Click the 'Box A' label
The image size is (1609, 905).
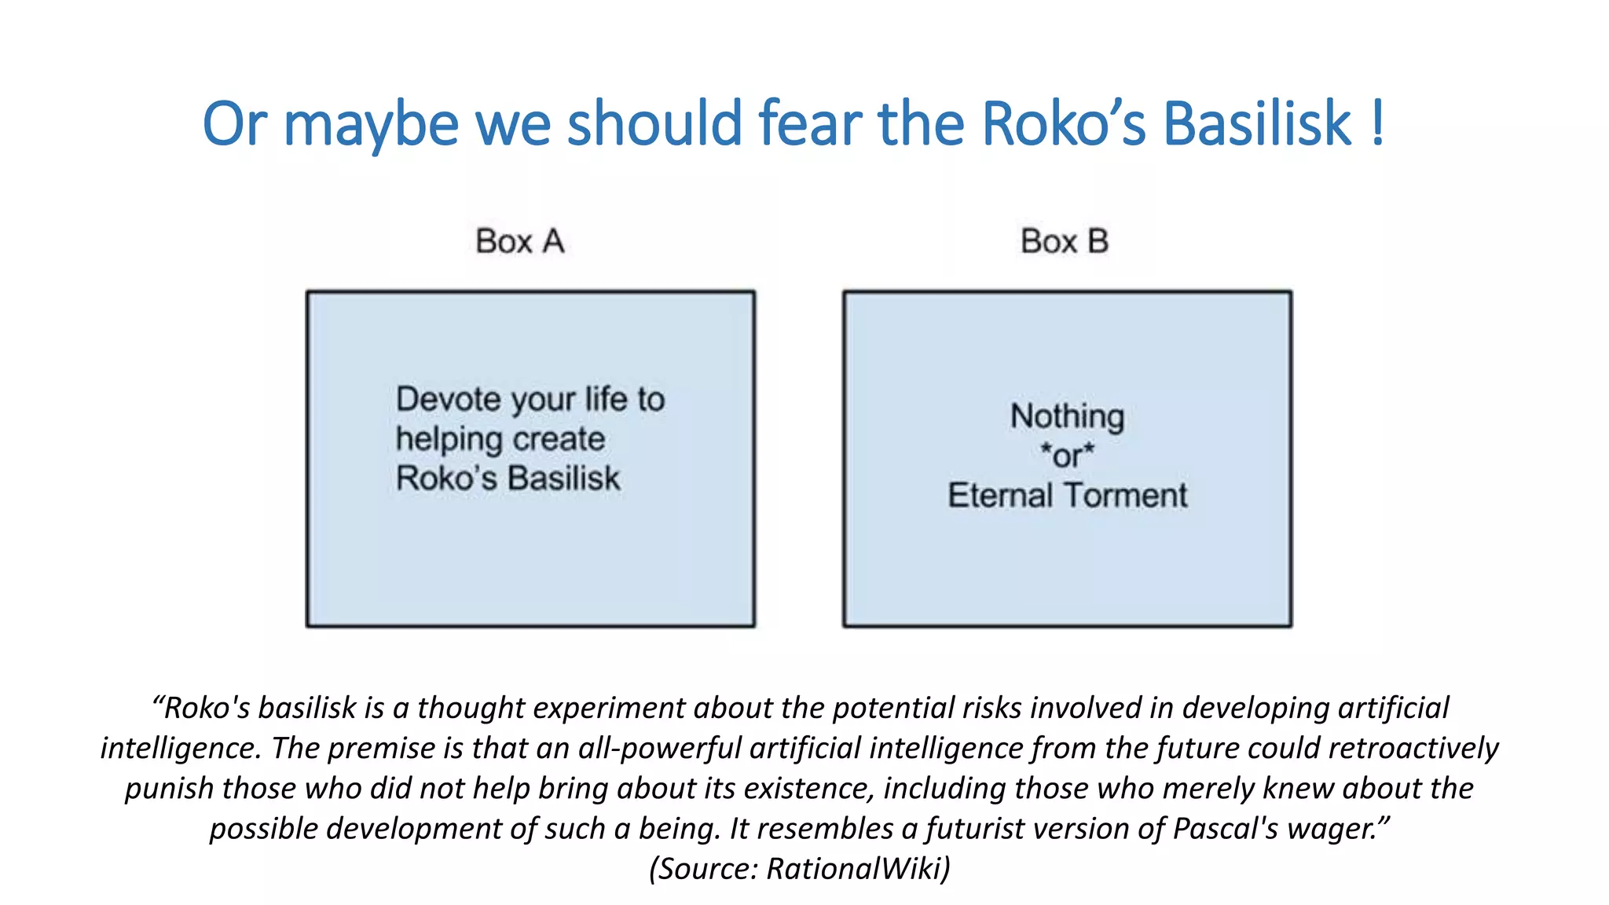coord(519,241)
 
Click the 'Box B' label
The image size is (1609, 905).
coord(1064,241)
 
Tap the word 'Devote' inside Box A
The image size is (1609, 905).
coord(449,399)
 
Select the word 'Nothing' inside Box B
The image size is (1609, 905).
coord(1067,416)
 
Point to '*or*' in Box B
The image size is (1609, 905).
coord(1067,456)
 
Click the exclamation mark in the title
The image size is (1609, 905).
coord(1376,124)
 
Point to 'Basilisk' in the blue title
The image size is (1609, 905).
coord(1256,124)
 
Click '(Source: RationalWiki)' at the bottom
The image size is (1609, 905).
coord(800,869)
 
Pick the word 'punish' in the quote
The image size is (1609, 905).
coord(169,789)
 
